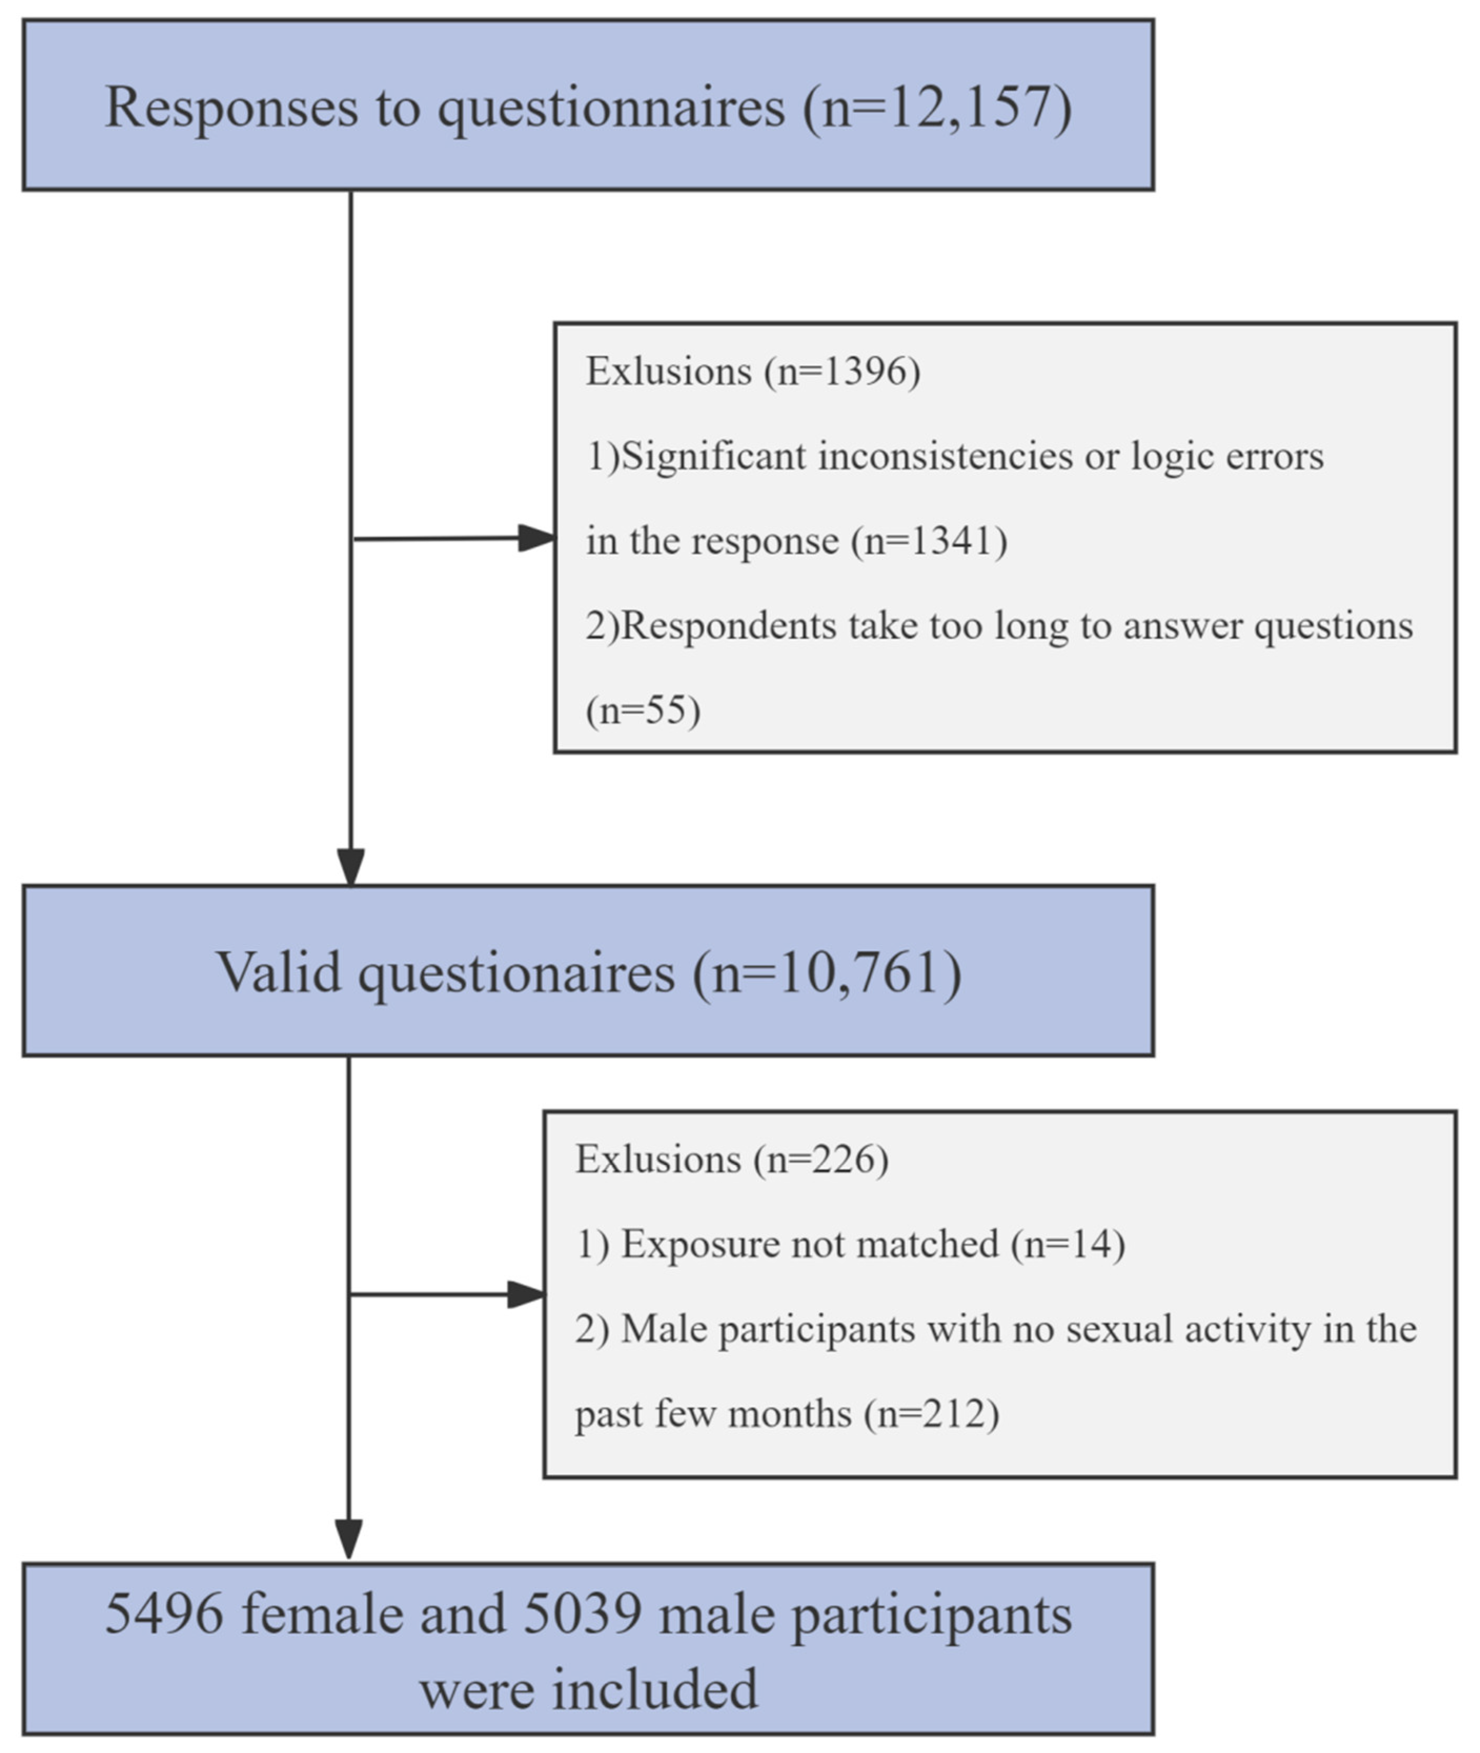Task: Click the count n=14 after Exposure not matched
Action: point(1068,1244)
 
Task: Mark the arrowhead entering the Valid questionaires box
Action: point(351,866)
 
